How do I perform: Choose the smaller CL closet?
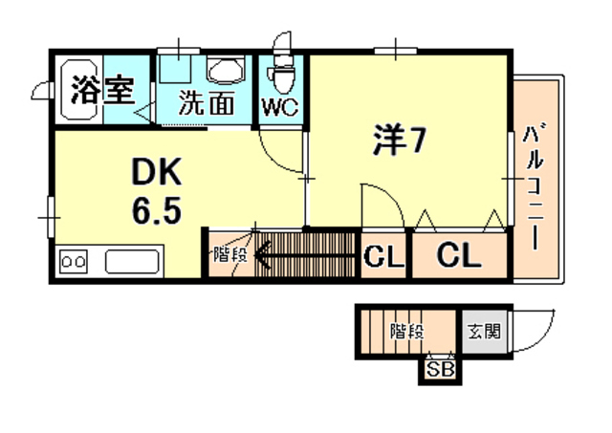click(x=383, y=256)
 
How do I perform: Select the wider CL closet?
click(x=458, y=255)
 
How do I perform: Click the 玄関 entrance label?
click(x=484, y=333)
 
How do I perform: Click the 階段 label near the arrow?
click(x=229, y=254)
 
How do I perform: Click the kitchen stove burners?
click(x=75, y=259)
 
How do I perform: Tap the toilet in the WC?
click(x=281, y=70)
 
